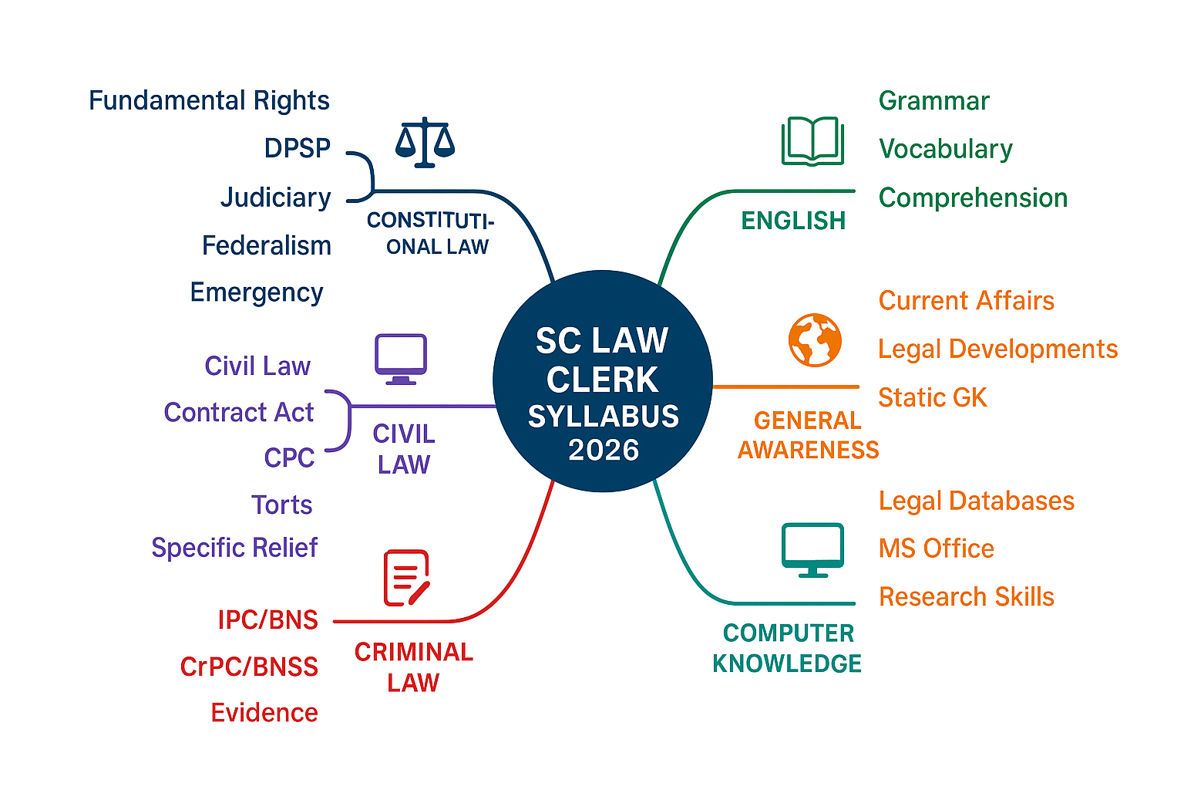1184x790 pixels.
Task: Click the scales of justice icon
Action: [x=425, y=143]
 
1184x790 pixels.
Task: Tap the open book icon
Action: [x=812, y=141]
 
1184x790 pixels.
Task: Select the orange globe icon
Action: [x=814, y=340]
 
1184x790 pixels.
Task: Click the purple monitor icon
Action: [x=401, y=359]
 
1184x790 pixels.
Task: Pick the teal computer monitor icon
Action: [x=812, y=549]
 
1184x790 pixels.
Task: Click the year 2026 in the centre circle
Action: [x=604, y=450]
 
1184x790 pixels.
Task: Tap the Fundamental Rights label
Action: [x=209, y=101]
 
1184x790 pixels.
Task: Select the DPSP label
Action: [x=297, y=148]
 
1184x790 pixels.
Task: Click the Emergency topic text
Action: [x=257, y=293]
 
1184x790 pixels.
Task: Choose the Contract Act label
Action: [x=238, y=413]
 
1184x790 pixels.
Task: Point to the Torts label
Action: [x=281, y=505]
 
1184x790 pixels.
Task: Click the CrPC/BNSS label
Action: [x=249, y=667]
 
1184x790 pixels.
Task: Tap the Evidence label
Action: [x=264, y=713]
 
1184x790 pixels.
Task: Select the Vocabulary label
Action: [x=946, y=149]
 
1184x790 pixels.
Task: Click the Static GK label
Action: [x=933, y=398]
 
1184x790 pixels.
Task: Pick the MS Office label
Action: [x=937, y=549]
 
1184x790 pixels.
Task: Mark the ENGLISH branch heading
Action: [x=793, y=221]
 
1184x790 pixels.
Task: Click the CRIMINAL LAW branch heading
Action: [x=414, y=667]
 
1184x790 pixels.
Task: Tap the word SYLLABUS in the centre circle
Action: [x=604, y=417]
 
